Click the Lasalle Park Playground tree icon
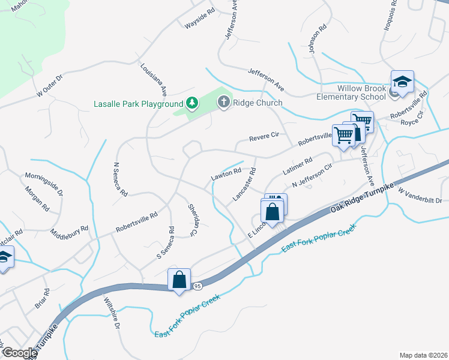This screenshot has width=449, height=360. coord(191,103)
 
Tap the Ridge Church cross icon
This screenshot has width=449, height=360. coord(223,103)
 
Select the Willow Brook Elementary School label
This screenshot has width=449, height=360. coord(361,92)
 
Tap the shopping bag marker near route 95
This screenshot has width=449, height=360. coord(179,280)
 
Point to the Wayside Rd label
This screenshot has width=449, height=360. coord(200,19)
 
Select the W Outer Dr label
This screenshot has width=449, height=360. coord(50,86)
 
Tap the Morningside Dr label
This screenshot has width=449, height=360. coord(44,184)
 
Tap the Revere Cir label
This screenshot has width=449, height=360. coord(265,137)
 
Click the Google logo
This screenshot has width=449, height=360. coord(20,353)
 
